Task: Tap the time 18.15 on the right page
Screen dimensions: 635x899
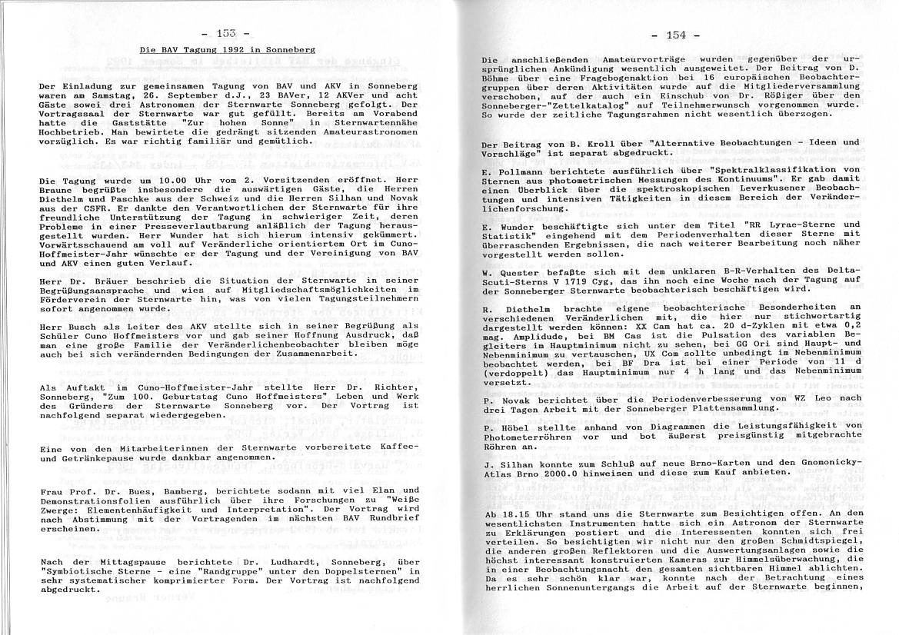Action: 522,513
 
